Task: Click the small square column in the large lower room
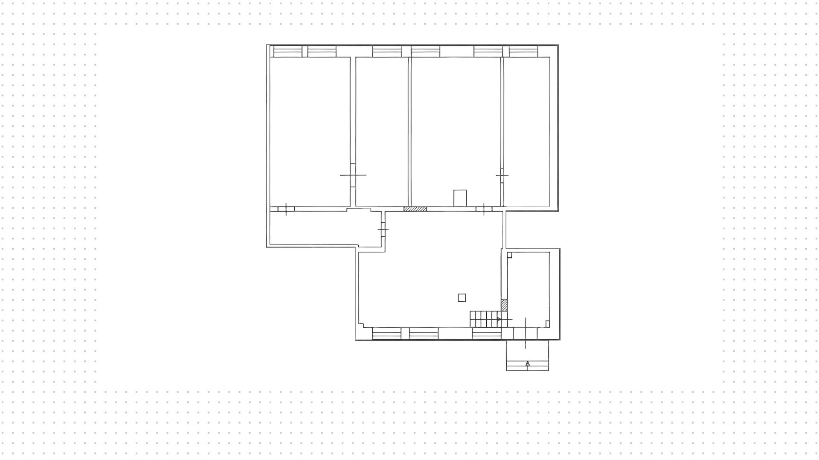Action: (462, 298)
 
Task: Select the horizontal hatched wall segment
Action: (415, 209)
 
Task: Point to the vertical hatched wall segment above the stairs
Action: (504, 305)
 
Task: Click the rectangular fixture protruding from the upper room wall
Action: (460, 198)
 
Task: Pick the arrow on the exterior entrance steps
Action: (528, 364)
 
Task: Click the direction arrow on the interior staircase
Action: (499, 319)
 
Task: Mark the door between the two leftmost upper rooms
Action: (353, 175)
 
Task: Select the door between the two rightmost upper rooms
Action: (502, 175)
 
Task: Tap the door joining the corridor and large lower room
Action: (383, 230)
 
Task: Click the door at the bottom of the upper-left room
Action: (286, 209)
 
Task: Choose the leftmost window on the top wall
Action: (288, 52)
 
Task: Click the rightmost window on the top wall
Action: (523, 52)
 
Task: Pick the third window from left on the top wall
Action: (387, 52)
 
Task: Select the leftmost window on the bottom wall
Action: (386, 333)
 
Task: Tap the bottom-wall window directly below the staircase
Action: (487, 333)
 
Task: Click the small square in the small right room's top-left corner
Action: (509, 255)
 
